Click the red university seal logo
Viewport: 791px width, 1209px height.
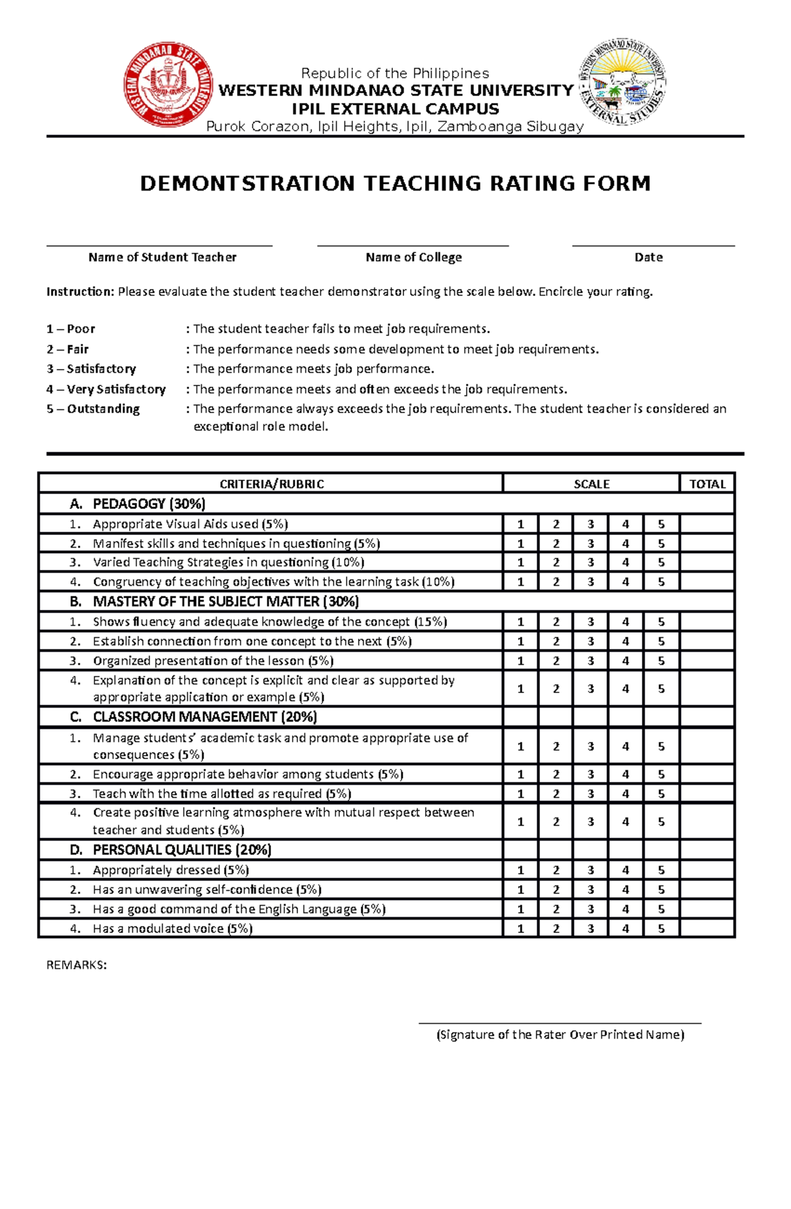click(x=169, y=85)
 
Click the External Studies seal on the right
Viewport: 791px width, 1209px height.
click(x=622, y=82)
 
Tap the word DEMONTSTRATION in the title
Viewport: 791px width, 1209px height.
click(x=247, y=183)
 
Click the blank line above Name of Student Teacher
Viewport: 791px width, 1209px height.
click(x=159, y=246)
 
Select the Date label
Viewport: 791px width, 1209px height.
click(x=648, y=258)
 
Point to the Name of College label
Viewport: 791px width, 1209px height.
click(x=413, y=258)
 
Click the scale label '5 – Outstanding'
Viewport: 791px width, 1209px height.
click(x=93, y=409)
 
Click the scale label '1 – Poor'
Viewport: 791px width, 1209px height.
click(x=71, y=329)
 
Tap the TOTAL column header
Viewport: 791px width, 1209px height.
click(x=707, y=484)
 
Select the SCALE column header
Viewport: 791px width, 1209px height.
click(x=591, y=484)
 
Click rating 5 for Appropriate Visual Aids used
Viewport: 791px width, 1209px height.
click(x=660, y=524)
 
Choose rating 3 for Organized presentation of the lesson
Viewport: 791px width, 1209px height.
click(x=591, y=661)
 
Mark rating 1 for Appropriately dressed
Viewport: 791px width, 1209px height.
click(x=520, y=870)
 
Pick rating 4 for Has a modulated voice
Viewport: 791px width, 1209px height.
click(x=625, y=929)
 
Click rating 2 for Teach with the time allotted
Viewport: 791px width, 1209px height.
click(x=556, y=794)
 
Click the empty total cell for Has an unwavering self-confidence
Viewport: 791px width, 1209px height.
click(x=707, y=890)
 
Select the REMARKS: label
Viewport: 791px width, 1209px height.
click(x=76, y=965)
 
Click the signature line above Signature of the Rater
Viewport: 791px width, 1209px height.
click(x=560, y=1023)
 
